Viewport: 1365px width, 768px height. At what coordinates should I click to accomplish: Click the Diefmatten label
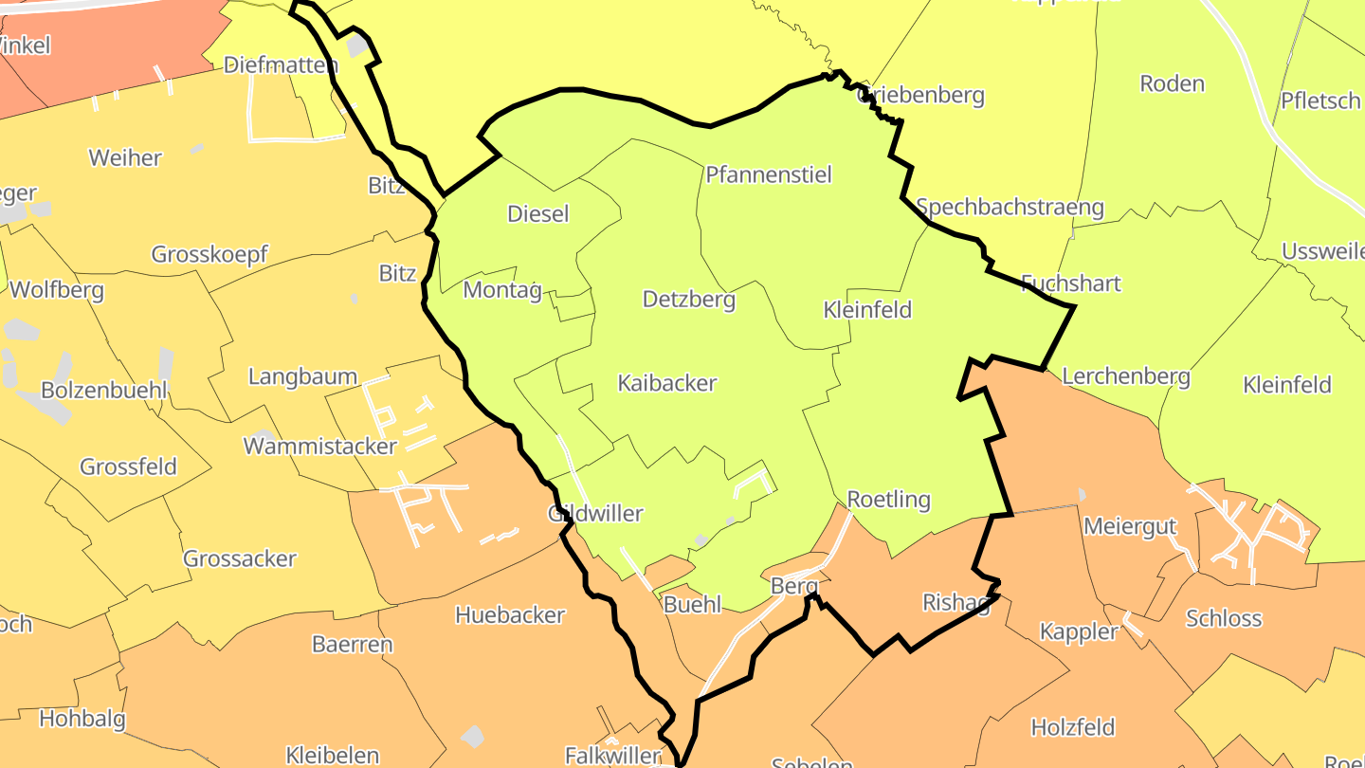[x=281, y=64]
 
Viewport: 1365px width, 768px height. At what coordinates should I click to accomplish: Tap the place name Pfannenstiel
[x=768, y=174]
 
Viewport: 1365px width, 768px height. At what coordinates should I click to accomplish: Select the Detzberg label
[x=689, y=300]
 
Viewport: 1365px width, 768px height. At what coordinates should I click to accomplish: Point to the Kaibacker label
[x=667, y=383]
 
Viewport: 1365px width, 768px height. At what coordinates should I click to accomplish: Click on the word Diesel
[x=538, y=213]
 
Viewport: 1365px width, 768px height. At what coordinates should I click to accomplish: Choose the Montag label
[x=502, y=290]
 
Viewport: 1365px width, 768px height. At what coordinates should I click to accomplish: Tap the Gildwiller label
[x=595, y=514]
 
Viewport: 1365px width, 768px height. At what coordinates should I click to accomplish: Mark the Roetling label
[x=888, y=499]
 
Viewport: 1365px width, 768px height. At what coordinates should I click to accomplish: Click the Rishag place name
[x=955, y=602]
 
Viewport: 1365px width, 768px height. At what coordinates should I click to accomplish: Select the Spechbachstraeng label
[x=1010, y=207]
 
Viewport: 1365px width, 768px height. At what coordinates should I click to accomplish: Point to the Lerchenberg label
[x=1125, y=376]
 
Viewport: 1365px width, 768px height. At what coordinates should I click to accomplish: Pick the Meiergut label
[x=1129, y=525]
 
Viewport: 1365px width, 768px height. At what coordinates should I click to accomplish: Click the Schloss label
[x=1224, y=618]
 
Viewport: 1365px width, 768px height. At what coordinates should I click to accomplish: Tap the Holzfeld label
[x=1072, y=727]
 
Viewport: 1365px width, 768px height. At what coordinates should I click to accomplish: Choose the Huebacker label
[x=510, y=614]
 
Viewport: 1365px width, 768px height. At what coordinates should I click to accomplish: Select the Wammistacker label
[x=320, y=446]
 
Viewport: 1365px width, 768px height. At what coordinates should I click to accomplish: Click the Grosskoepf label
[x=209, y=254]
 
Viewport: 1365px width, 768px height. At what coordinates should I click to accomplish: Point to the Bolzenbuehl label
[x=104, y=390]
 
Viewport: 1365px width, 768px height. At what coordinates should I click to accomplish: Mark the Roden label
[x=1172, y=83]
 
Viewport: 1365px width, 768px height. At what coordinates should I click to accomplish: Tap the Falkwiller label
[x=612, y=756]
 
